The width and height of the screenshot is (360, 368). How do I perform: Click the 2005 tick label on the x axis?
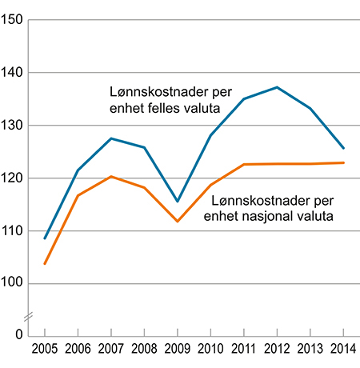click(x=44, y=350)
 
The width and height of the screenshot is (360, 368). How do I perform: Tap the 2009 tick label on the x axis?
click(x=177, y=350)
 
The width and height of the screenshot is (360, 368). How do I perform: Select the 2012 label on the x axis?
click(x=277, y=350)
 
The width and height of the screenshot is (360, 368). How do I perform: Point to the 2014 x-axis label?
click(x=343, y=350)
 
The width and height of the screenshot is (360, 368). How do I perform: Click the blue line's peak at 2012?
click(x=277, y=87)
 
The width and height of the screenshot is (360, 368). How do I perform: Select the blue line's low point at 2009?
click(x=177, y=201)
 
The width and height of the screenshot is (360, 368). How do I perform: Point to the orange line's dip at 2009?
click(x=177, y=221)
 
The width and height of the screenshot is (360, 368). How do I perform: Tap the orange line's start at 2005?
click(x=44, y=263)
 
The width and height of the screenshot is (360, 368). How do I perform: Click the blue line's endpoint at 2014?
click(x=343, y=148)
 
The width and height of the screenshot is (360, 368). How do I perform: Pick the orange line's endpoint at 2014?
click(x=343, y=162)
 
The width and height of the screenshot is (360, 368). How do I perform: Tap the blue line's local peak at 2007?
click(x=110, y=138)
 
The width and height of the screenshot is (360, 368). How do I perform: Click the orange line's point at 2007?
click(x=110, y=176)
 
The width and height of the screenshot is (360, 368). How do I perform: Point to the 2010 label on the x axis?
click(x=210, y=350)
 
